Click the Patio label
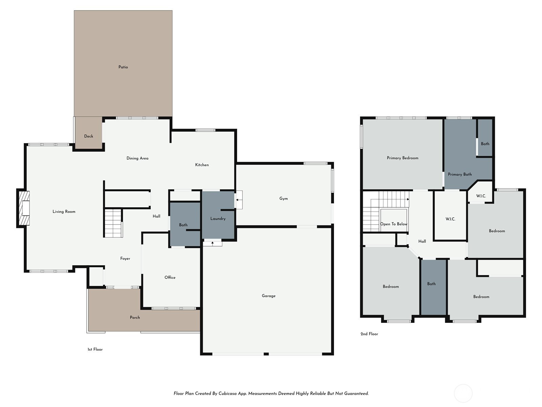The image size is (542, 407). click(123, 67)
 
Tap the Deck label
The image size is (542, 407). click(89, 136)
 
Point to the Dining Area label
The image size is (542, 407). click(137, 158)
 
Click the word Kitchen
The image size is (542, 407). click(202, 165)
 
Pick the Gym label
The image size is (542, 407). click(284, 198)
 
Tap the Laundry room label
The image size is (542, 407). click(218, 218)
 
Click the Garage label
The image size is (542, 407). click(269, 296)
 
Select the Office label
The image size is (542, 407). click(170, 277)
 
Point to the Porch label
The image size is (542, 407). click(135, 317)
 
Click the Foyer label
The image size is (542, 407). click(125, 258)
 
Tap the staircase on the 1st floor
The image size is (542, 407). click(113, 223)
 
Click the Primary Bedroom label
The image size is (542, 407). click(402, 158)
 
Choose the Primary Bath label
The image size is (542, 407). click(460, 174)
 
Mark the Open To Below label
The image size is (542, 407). click(394, 224)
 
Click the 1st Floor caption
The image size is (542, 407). click(95, 349)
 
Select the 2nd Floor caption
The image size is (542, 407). click(369, 334)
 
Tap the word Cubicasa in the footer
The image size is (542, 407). click(228, 393)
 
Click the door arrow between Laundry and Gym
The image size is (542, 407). click(238, 200)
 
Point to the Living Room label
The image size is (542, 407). click(64, 212)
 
